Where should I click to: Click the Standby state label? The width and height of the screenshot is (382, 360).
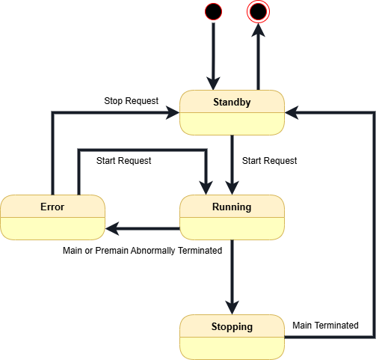(232, 102)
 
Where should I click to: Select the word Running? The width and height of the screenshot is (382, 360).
(232, 207)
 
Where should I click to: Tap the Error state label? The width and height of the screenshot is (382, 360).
(52, 207)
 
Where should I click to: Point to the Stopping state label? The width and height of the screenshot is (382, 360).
(232, 326)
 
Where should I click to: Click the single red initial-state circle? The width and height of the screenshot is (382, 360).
(213, 11)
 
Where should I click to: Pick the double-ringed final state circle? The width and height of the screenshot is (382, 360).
(259, 11)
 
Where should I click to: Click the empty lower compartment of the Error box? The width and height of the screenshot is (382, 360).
(52, 228)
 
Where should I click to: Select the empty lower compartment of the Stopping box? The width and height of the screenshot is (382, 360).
(232, 347)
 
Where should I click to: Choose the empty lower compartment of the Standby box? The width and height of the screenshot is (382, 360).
(232, 123)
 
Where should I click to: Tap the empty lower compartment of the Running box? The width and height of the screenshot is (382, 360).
(232, 228)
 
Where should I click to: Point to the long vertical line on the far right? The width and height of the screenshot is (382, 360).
(373, 225)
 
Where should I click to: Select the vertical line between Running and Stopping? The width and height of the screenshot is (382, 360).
(232, 269)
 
